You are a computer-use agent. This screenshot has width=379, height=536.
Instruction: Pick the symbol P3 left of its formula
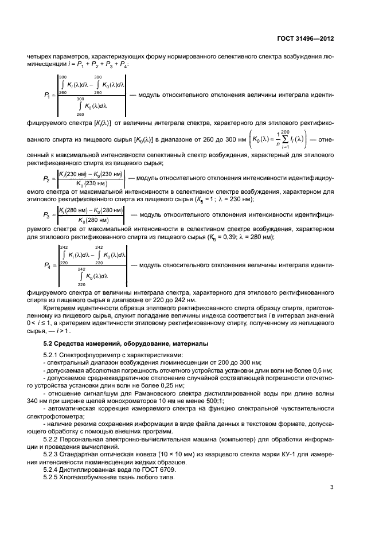point(48,216)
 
